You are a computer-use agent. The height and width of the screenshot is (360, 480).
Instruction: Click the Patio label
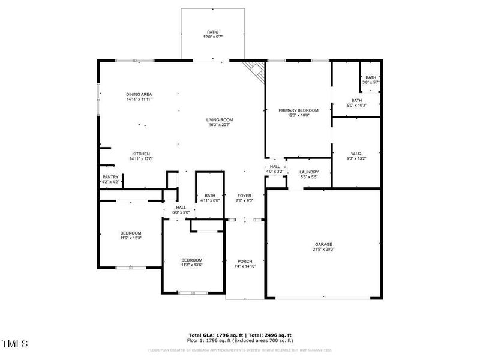tap(213, 35)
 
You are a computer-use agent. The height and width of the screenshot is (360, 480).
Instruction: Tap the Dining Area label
tap(139, 97)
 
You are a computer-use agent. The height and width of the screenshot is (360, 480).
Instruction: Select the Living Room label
tap(220, 122)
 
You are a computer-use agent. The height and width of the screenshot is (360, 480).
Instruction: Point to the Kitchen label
tap(141, 156)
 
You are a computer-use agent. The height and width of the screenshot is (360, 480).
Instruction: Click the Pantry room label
tap(110, 179)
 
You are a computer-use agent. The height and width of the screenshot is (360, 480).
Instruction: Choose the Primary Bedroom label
tap(298, 113)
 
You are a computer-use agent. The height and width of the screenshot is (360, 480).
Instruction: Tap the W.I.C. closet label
tap(356, 155)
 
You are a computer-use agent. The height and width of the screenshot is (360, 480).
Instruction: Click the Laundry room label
tap(309, 175)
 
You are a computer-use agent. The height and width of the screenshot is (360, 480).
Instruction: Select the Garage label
tap(323, 247)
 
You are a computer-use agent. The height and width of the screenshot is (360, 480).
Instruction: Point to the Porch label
tap(245, 263)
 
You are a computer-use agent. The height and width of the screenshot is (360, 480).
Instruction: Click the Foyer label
tap(244, 199)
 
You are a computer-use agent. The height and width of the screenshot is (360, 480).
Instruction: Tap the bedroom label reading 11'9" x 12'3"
tap(130, 235)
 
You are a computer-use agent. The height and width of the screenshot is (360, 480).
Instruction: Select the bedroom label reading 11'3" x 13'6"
tap(192, 262)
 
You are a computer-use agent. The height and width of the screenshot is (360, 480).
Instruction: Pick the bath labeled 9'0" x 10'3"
tap(356, 103)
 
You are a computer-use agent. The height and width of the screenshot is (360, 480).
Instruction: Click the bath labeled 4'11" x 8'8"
tap(210, 198)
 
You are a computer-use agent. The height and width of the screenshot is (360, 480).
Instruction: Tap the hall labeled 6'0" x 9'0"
tap(181, 209)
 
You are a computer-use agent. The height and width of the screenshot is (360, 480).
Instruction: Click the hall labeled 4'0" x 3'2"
tap(275, 169)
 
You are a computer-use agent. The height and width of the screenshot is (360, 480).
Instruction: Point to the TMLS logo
tap(14, 344)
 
